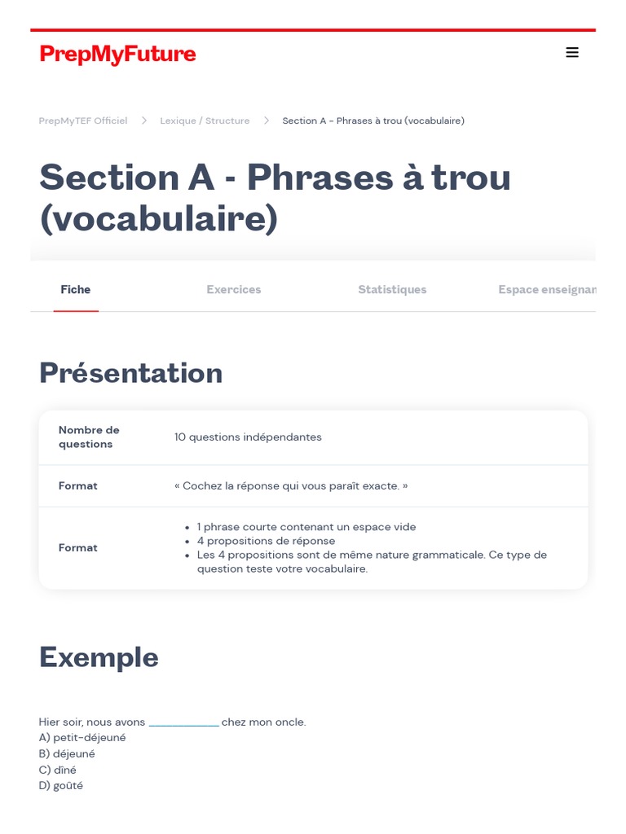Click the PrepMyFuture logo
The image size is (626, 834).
[x=117, y=55]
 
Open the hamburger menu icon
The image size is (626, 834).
[x=572, y=52]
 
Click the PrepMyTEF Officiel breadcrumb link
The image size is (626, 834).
[x=83, y=121]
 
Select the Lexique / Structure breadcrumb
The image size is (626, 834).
[x=205, y=121]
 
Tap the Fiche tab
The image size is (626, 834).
[x=76, y=289]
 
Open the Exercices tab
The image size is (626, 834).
[x=234, y=289]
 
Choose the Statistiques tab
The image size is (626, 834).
[x=392, y=289]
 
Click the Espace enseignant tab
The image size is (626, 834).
[x=547, y=289]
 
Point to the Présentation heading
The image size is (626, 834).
[x=131, y=372]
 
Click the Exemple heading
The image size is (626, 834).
[x=99, y=658]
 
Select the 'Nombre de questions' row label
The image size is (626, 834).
[x=89, y=437]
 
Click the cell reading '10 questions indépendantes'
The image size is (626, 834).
[x=248, y=437]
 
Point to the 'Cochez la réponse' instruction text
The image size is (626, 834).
[x=291, y=486]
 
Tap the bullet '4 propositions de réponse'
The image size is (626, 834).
[x=267, y=541]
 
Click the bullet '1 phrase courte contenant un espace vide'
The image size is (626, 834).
[x=306, y=527]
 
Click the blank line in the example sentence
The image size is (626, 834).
[x=183, y=725]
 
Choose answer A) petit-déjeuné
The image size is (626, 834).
[x=82, y=738]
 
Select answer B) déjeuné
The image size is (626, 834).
[x=67, y=753]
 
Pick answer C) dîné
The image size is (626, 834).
[x=58, y=770]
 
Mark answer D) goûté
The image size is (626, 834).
[x=61, y=786]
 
